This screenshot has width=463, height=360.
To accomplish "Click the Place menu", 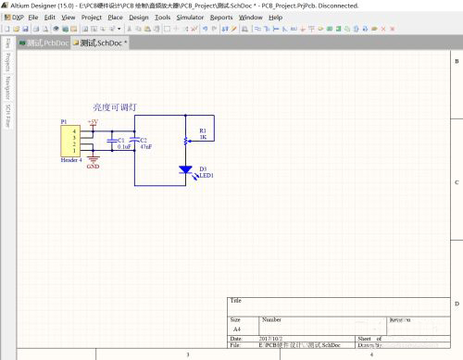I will pos(115,18).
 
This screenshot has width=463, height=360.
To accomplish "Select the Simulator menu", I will pos(191,18).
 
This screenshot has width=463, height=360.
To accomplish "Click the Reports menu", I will pos(221,18).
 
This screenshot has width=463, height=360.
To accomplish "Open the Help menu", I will pos(275,18).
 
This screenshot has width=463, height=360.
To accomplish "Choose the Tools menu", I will pos(162,18).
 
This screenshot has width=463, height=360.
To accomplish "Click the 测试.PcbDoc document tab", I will pos(45,43).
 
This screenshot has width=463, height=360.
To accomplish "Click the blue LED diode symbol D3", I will pos(185,170).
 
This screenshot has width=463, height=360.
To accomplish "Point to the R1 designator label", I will pos(203,130).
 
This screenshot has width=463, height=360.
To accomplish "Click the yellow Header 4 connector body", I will pos(69,141).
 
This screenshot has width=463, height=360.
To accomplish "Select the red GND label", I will pos(93,168).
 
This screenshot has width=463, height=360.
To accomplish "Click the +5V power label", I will pos(92,121).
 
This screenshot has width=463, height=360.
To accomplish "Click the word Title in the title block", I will pos(236,301).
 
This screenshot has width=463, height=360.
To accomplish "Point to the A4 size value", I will pos(236,329).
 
